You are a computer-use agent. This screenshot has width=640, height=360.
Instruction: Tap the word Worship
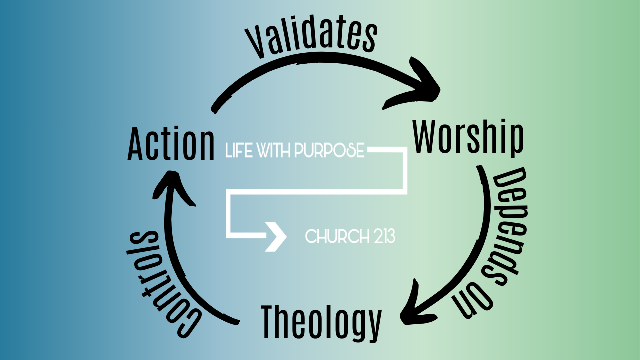[468, 137]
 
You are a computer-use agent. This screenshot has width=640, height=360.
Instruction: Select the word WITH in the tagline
[274, 151]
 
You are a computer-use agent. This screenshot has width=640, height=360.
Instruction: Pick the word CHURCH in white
[336, 236]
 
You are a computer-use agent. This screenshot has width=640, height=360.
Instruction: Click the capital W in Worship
[426, 137]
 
